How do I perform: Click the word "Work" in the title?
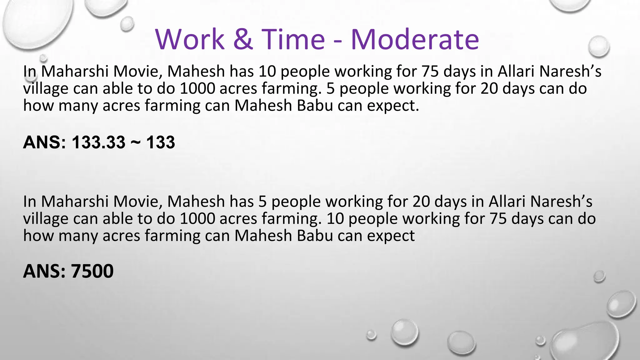point(190,39)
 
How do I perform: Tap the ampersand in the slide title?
point(243,39)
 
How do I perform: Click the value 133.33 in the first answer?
point(98,142)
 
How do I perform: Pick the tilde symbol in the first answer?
point(136,142)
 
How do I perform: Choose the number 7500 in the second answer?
point(92,271)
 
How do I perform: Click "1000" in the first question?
point(197,88)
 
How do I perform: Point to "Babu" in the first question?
point(315,106)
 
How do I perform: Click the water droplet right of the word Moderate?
point(598,47)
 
